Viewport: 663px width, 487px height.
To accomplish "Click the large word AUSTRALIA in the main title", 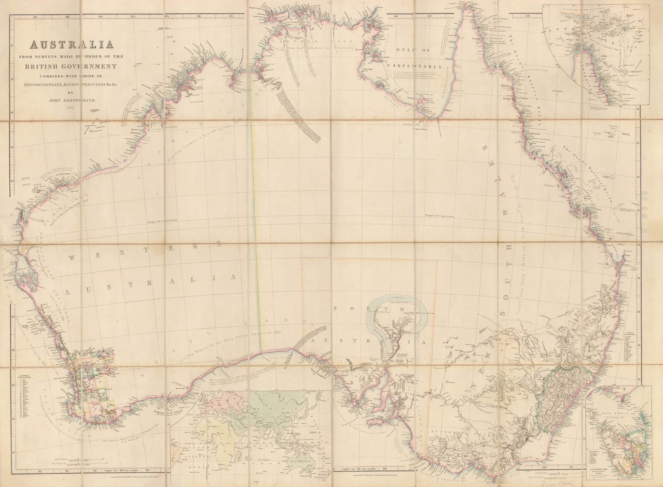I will coord(72,45).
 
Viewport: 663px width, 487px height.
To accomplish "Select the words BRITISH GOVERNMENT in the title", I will coord(71,67).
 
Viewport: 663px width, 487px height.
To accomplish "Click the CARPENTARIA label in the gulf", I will coord(415,67).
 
